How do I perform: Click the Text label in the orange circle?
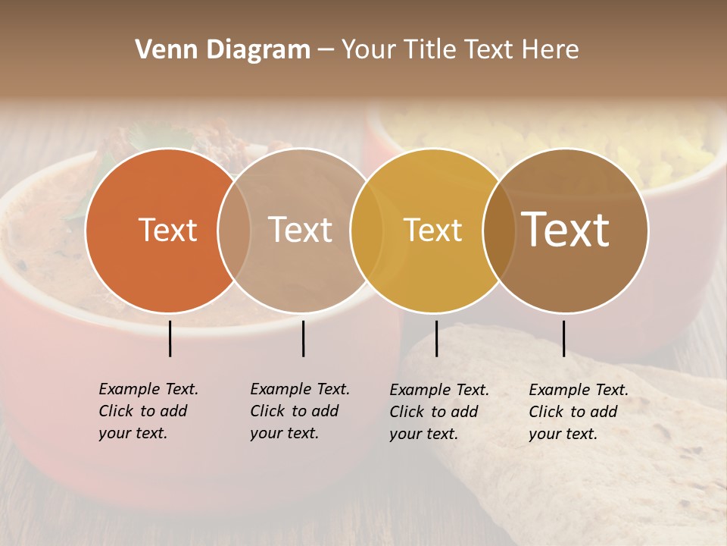click(x=167, y=230)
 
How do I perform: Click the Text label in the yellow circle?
click(x=432, y=230)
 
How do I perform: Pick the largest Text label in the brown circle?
click(x=566, y=229)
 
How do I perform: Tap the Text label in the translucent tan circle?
click(x=301, y=230)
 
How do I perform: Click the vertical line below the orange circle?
click(x=170, y=338)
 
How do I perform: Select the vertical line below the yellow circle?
click(x=436, y=338)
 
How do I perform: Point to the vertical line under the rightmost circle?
click(x=563, y=338)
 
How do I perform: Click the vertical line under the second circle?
click(x=303, y=338)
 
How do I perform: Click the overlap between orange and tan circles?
click(x=234, y=230)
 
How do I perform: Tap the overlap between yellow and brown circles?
click(x=499, y=230)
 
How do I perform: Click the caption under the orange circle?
click(x=148, y=411)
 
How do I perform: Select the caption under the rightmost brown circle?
click(x=578, y=412)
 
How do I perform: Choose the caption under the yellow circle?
click(x=438, y=412)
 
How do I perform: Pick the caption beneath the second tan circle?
click(x=299, y=411)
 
